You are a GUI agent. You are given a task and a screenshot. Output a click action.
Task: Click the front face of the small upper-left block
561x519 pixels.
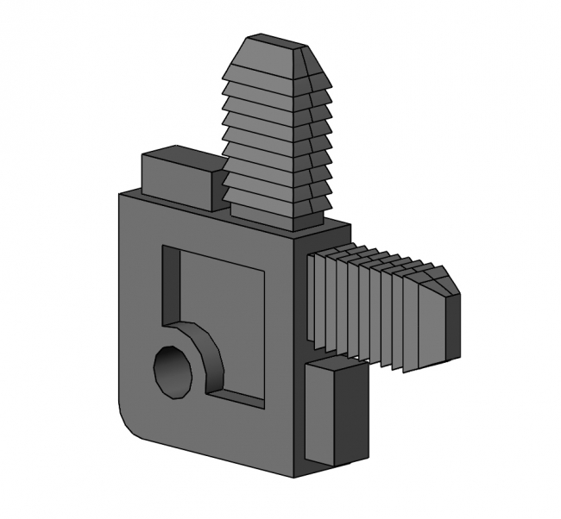[175, 184]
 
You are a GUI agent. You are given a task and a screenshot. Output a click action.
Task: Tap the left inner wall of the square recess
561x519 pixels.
[171, 289]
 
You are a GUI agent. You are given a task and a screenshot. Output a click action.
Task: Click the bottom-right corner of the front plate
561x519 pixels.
[293, 473]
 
